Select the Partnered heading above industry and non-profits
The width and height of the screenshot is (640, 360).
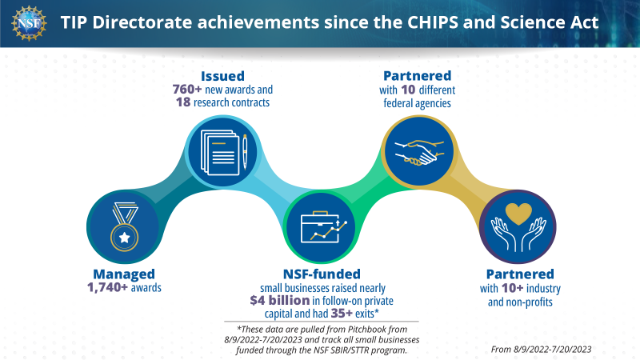[522, 274]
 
